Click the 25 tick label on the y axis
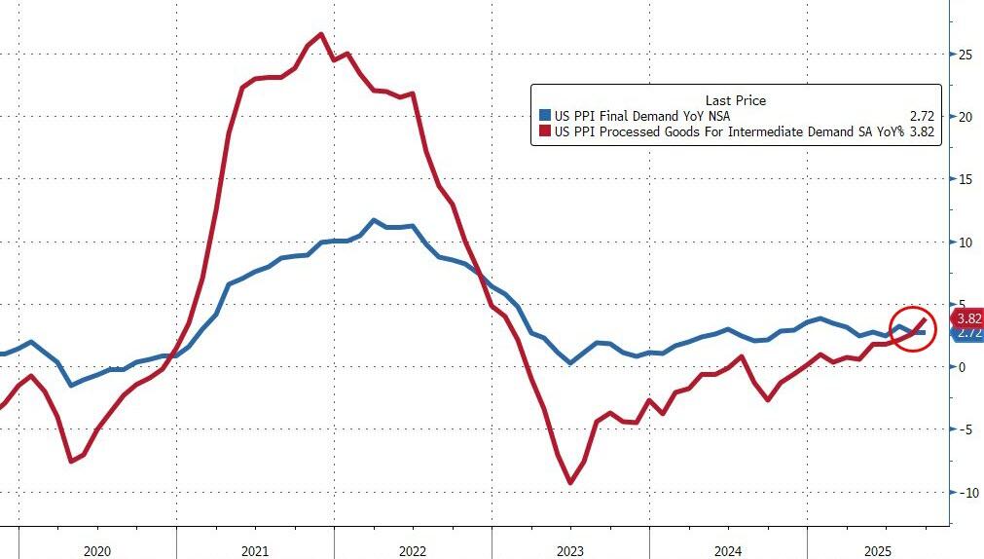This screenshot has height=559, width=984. click(964, 55)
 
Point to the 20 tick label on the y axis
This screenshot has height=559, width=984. click(964, 117)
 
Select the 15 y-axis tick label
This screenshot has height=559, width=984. click(964, 179)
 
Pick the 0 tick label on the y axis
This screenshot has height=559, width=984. click(961, 367)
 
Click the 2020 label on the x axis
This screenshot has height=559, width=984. click(97, 551)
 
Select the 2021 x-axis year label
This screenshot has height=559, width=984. click(254, 551)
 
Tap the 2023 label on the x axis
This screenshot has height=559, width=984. click(569, 551)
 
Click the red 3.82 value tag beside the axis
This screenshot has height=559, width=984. click(967, 317)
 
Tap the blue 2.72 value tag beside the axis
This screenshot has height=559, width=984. click(968, 333)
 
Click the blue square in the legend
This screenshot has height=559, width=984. click(544, 116)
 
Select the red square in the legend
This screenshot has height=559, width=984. click(544, 131)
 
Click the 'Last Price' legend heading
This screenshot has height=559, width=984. click(736, 100)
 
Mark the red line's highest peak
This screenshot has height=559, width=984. click(321, 34)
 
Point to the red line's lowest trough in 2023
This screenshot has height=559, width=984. click(570, 482)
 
